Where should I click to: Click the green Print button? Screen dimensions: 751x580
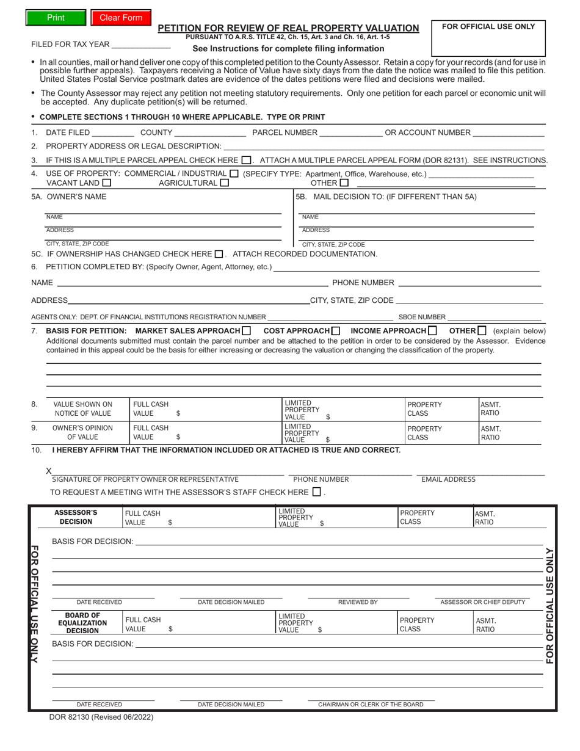click(56, 18)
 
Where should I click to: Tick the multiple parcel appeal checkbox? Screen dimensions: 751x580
click(245, 161)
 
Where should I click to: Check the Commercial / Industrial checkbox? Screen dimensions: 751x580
click(234, 173)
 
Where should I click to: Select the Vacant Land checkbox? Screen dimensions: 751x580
click(107, 183)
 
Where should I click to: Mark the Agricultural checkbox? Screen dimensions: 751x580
click(224, 183)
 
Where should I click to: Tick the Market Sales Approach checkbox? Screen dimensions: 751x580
click(247, 331)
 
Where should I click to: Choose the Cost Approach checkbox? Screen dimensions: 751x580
click(336, 331)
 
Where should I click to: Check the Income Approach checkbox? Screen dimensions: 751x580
click(432, 331)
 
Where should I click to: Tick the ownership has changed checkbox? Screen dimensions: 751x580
click(219, 254)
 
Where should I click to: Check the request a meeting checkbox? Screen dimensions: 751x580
click(316, 492)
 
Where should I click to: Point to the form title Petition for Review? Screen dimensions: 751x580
click(288, 28)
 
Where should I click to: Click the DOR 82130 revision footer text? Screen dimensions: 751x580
click(101, 717)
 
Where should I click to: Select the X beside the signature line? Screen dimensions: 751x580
click(49, 471)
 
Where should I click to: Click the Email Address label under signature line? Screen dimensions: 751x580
click(448, 479)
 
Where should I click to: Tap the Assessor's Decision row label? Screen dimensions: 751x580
click(76, 517)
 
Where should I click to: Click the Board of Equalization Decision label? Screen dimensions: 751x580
click(82, 623)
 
